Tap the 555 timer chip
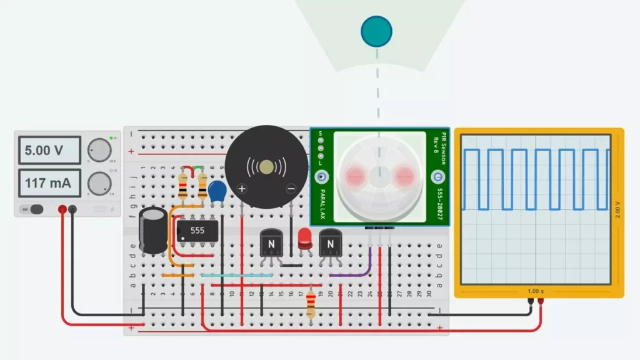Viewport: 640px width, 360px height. click(197, 231)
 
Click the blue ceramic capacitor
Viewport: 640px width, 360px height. click(217, 191)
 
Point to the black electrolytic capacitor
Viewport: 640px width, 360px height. click(152, 230)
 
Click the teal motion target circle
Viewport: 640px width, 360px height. click(376, 30)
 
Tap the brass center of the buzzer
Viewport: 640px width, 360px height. click(267, 166)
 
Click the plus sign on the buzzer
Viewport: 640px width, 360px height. click(242, 188)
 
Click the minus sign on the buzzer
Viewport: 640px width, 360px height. click(291, 188)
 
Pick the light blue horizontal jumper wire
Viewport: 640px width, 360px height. click(237, 275)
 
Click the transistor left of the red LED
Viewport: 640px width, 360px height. click(272, 243)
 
